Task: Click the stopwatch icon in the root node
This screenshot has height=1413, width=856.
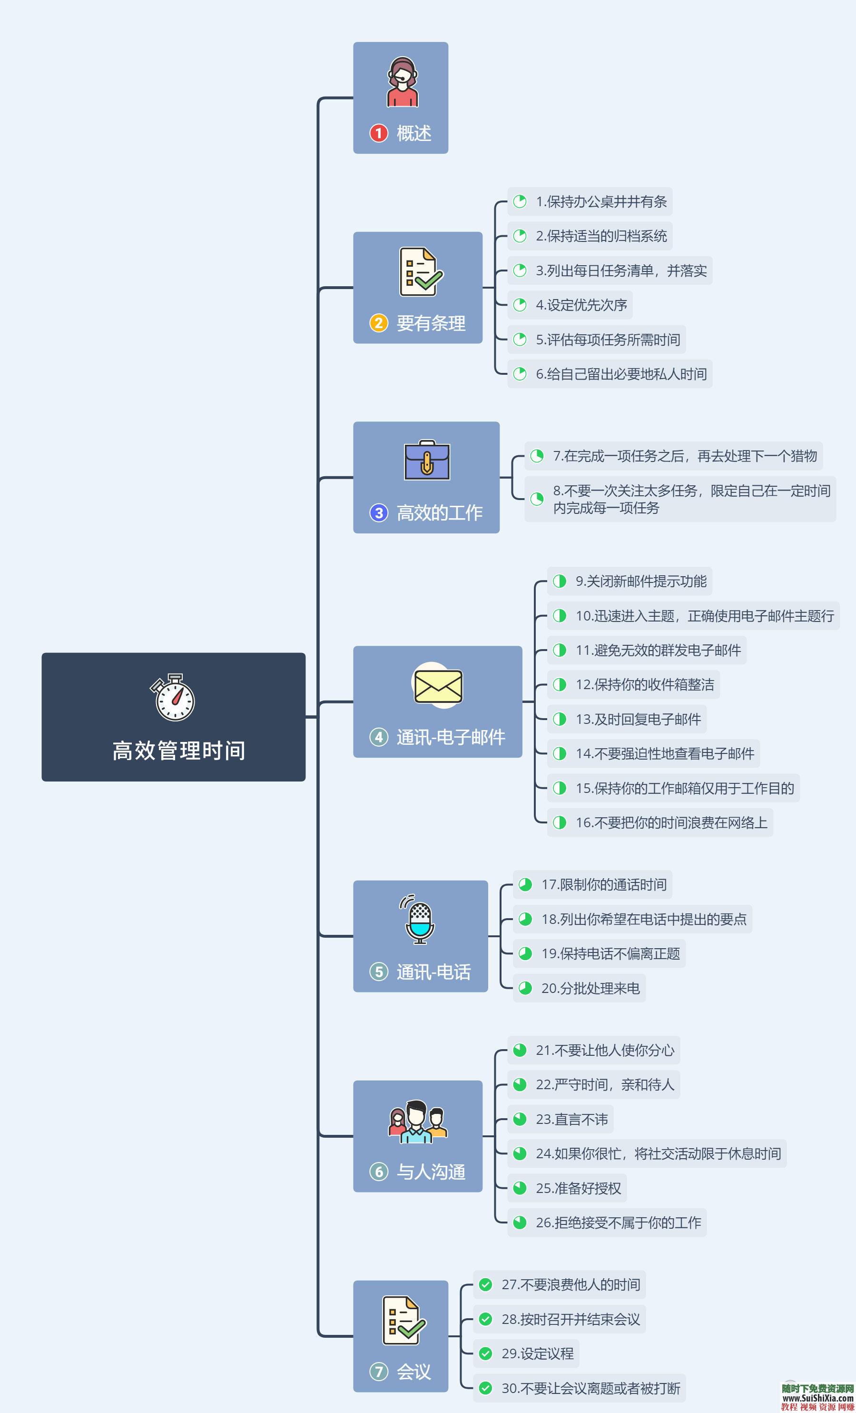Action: [173, 697]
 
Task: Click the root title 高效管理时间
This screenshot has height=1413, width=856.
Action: [179, 751]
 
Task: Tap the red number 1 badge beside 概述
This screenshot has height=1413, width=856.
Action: [378, 133]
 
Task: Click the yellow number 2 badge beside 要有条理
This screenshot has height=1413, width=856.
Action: [378, 323]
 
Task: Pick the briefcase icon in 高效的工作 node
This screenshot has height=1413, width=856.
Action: [427, 461]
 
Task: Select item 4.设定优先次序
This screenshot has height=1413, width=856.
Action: [581, 305]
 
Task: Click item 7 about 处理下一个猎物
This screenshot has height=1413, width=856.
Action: [684, 456]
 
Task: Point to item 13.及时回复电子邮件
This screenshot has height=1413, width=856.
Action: [638, 719]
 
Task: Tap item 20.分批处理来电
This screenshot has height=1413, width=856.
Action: [590, 988]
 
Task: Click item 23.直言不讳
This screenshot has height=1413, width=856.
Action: [571, 1119]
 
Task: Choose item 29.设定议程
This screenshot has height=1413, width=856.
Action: [537, 1353]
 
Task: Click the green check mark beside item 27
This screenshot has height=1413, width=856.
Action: [485, 1284]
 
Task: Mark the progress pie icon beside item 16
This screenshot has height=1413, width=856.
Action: [559, 822]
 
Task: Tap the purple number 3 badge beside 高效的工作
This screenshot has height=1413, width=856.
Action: [378, 512]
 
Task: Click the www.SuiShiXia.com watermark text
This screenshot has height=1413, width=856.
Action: [818, 1399]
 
